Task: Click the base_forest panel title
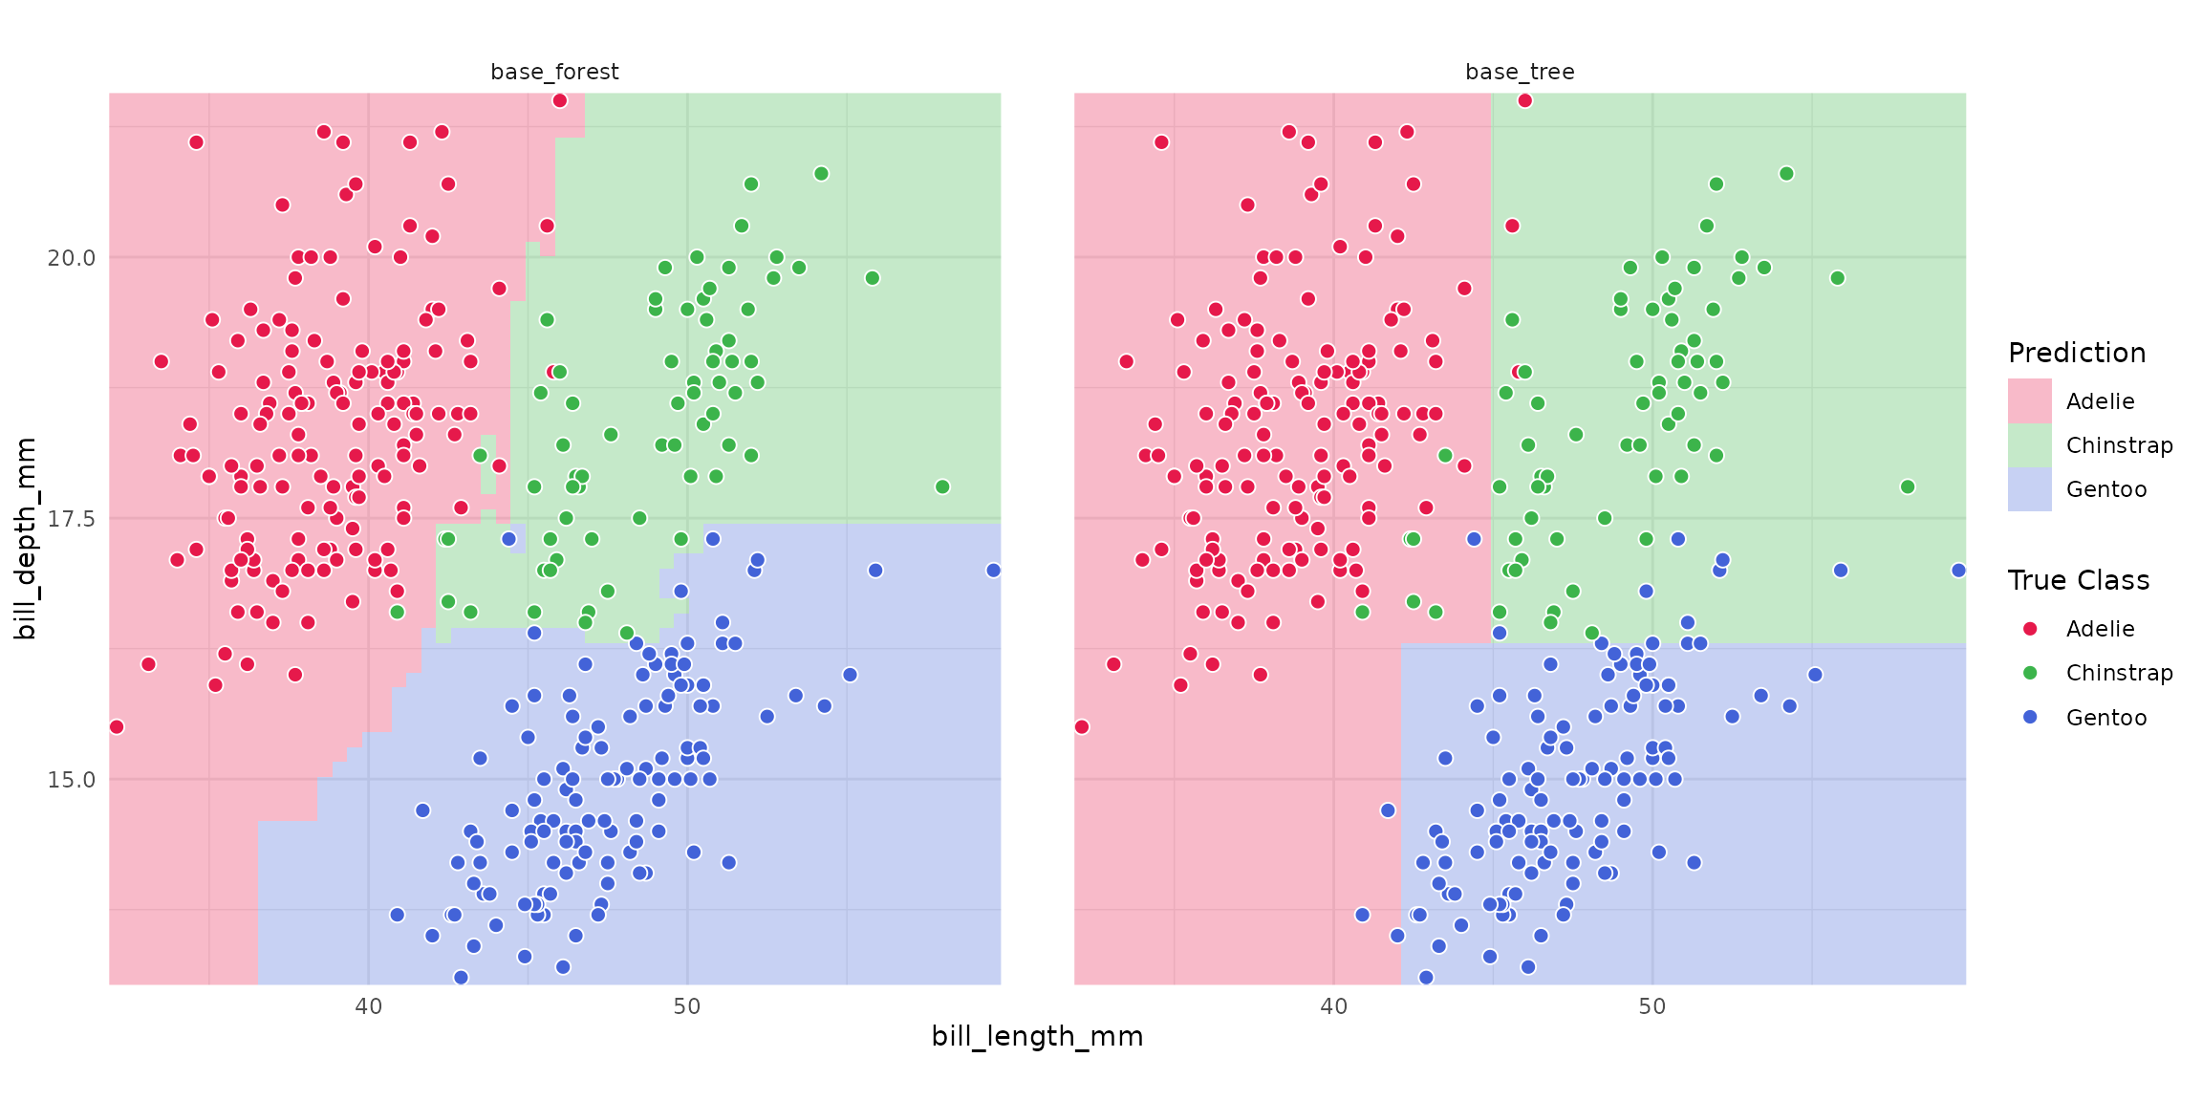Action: (554, 72)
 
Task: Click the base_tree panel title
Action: (1520, 72)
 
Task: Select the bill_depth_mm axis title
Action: (26, 538)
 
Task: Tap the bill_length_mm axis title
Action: (1037, 1036)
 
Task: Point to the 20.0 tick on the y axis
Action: (72, 258)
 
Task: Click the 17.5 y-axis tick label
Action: (72, 519)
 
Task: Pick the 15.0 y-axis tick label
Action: (72, 780)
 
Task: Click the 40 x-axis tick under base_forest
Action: (369, 1006)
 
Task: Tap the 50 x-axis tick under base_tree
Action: (1652, 1006)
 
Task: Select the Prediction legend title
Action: (2077, 353)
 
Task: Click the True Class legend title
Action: (2079, 580)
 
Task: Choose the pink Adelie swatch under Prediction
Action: (2030, 400)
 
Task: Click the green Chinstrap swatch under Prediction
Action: (2030, 444)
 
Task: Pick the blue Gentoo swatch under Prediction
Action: (2030, 488)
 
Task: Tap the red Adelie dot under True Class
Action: (2030, 628)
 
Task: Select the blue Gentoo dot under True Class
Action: (2030, 717)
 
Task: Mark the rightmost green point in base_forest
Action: (942, 486)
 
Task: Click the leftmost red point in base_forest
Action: (117, 726)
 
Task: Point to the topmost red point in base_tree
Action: (1525, 100)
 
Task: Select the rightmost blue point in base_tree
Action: (1958, 570)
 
